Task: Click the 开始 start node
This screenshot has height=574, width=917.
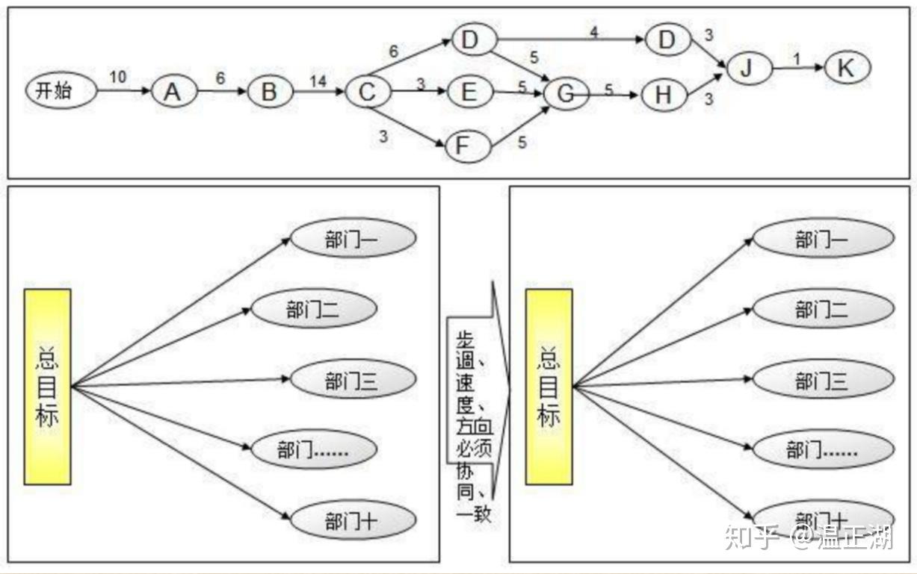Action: tap(62, 92)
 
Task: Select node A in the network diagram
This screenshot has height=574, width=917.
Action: tap(173, 93)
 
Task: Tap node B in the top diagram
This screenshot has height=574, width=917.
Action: tap(269, 93)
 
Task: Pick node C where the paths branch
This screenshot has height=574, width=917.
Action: tap(367, 93)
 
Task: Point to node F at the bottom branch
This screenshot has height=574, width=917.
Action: tap(468, 146)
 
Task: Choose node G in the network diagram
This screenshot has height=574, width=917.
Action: tap(567, 94)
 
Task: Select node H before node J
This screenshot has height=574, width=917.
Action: tap(663, 94)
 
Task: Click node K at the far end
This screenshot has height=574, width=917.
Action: tap(847, 69)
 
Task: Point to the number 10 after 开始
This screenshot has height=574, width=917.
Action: tap(117, 78)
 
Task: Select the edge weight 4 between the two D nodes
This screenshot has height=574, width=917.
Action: tap(593, 33)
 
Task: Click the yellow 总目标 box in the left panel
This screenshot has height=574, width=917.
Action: tap(48, 387)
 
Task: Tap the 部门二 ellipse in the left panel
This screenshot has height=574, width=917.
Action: tap(313, 311)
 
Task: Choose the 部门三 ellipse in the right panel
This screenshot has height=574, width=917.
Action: tap(822, 382)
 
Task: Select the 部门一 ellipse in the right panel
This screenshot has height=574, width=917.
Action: tap(822, 240)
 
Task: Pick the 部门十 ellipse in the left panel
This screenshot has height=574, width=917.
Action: tap(352, 522)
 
